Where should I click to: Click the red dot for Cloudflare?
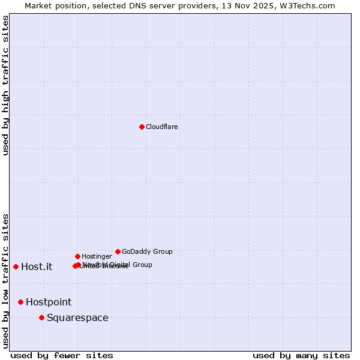142,127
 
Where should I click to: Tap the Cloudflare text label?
162,127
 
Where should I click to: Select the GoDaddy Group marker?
118,251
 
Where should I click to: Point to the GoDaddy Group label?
147,252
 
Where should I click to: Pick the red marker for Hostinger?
77,256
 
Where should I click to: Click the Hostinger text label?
97,257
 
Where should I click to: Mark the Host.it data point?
16,266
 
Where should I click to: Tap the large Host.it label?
37,267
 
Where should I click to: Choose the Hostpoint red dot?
20,302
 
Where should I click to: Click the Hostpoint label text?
49,302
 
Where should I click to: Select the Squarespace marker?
41,317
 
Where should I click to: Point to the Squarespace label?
77,318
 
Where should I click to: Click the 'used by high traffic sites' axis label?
5,85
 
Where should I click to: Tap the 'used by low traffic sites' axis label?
5,280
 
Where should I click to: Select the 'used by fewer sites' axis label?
62,355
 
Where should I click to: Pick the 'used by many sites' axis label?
301,355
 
